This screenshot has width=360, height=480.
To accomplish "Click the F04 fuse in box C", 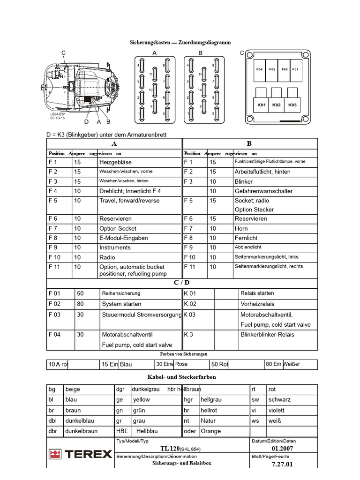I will coord(259,69).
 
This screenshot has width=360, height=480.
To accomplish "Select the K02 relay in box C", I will coord(276,105).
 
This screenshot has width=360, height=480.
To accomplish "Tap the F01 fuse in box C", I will coord(295,69).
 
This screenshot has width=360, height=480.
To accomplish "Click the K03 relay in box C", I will coord(292,105).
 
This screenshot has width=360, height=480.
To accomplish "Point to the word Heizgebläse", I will coord(115,162).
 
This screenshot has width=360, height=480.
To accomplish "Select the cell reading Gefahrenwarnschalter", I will coord(263,191).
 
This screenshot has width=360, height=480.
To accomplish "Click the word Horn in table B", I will coord(241,228).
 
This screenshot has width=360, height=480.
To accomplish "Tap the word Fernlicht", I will coord(246,238).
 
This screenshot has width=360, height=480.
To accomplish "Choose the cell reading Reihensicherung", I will coord(121,293).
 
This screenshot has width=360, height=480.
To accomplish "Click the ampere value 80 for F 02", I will coord(80,304).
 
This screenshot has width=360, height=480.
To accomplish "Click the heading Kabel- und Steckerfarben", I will coord(182,377).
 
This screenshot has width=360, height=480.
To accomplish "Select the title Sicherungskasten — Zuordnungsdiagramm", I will coord(180,42).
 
